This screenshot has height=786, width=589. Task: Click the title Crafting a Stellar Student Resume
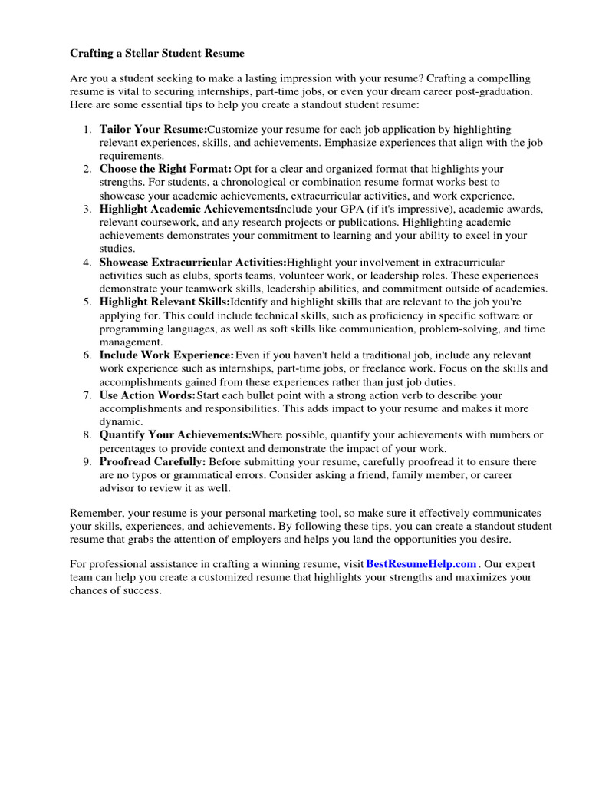coord(157,54)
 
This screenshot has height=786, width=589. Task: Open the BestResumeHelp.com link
coord(422,563)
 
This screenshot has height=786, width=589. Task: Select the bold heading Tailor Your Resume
coord(153,129)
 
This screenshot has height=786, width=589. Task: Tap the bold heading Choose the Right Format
coord(165,169)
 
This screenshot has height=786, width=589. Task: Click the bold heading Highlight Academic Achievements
coord(188,209)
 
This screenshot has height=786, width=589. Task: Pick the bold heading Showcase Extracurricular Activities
coord(192,263)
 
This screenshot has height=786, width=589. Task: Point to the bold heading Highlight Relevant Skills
coord(164,302)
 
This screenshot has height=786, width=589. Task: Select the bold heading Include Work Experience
coord(166,355)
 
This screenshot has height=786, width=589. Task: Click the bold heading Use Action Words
coord(147,395)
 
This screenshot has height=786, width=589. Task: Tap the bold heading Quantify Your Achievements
coord(175,435)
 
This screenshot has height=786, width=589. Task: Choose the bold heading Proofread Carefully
coord(153,462)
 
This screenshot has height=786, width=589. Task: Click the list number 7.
coord(87,395)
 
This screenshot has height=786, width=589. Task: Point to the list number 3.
coord(87,209)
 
